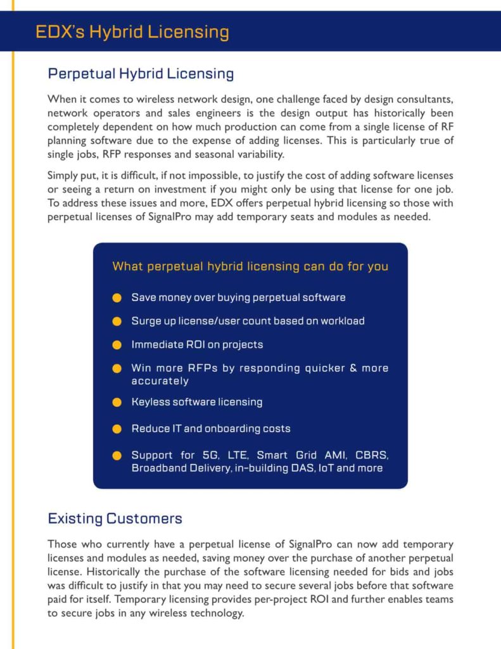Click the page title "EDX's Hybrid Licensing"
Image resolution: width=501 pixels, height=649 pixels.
[x=132, y=32]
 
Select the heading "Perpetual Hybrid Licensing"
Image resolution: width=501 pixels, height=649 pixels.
[x=141, y=74]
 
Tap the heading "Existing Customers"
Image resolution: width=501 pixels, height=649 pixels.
[x=115, y=518]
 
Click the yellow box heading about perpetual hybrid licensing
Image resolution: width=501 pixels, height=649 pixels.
[x=250, y=266]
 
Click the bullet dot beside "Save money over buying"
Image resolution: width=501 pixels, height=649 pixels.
[x=117, y=297]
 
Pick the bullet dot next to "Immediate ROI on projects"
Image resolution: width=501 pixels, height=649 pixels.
[x=117, y=345]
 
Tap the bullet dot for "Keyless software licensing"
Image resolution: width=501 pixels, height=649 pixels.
[x=117, y=402]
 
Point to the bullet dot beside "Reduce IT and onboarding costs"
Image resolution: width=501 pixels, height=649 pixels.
[x=117, y=429]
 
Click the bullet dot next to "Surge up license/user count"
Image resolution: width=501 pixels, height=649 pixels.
[x=117, y=321]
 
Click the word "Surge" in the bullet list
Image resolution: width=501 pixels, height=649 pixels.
[x=146, y=321]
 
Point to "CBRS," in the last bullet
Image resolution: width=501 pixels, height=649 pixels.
[x=371, y=455]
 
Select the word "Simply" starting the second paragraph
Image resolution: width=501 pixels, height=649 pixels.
[x=63, y=175]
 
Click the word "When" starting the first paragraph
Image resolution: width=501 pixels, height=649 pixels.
[x=61, y=100]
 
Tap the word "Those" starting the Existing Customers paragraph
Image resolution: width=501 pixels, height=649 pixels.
[x=62, y=544]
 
